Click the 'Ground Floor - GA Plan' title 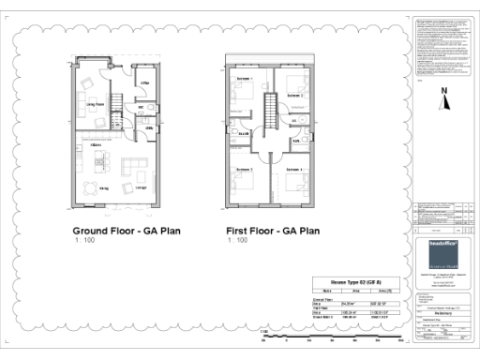pyautogui.click(x=127, y=230)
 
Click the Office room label pyautogui.click(x=146, y=84)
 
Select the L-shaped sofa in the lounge pyautogui.click(x=135, y=172)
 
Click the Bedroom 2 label pyautogui.click(x=294, y=95)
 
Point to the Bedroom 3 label pyautogui.click(x=243, y=170)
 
